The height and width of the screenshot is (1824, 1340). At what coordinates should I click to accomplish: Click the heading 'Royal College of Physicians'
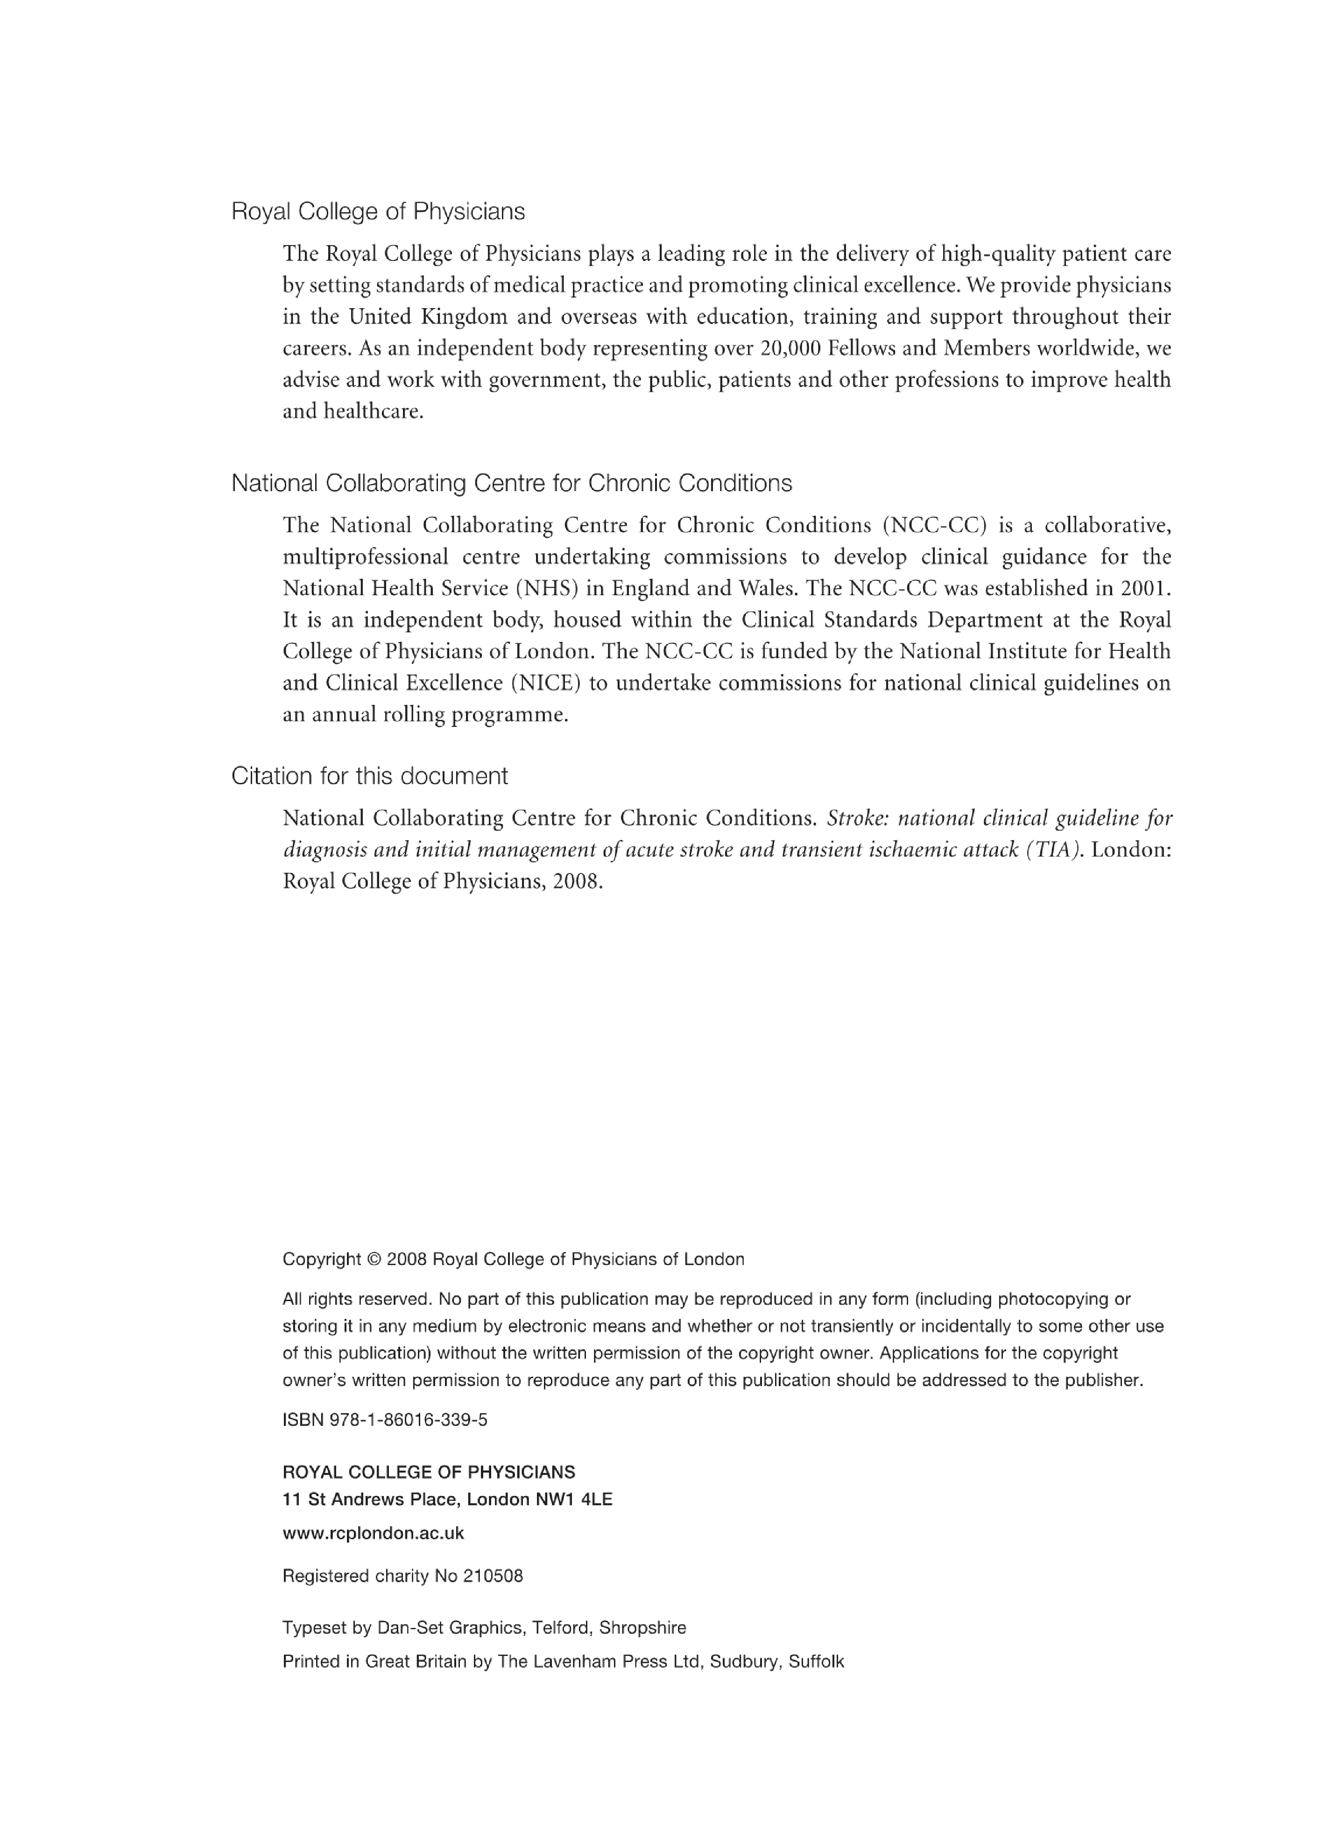(x=378, y=211)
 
